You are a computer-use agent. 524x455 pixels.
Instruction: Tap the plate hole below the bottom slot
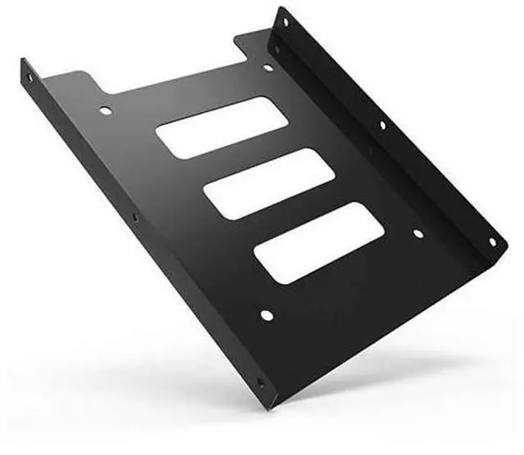(x=264, y=313)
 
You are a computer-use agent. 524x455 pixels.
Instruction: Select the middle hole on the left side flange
(x=136, y=217)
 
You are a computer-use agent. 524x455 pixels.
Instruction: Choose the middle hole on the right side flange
(x=382, y=125)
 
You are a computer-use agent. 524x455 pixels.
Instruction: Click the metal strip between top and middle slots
(x=246, y=160)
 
